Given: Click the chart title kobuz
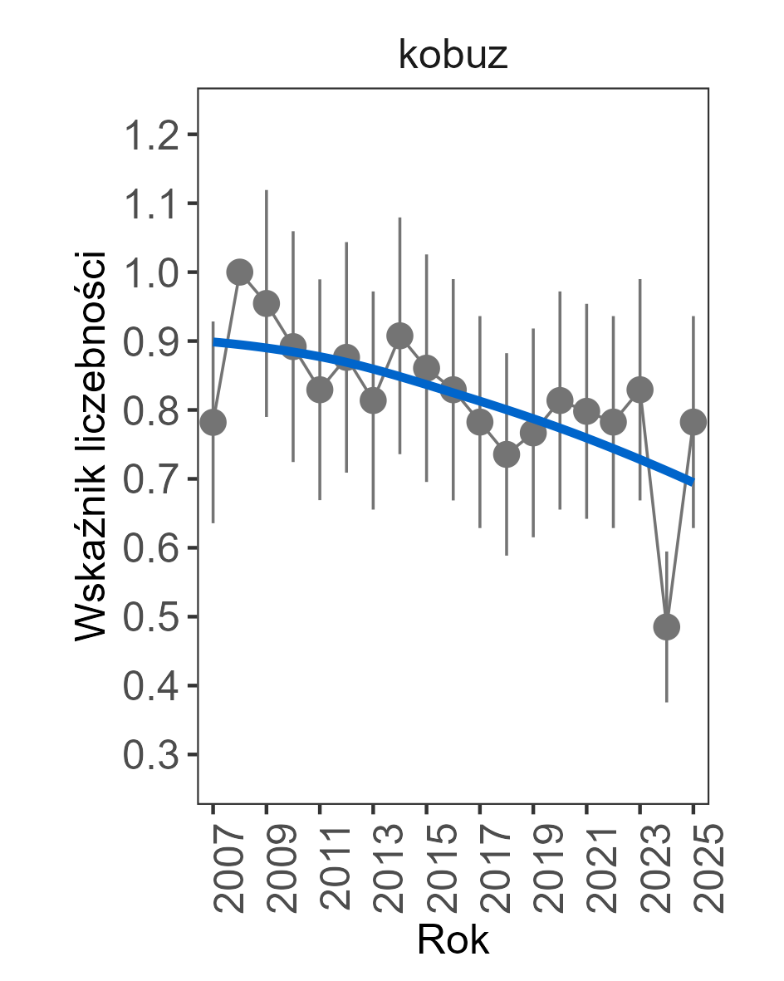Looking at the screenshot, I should click(x=453, y=56).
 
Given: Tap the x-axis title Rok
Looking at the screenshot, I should click(x=453, y=939).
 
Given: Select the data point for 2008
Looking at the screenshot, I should click(x=240, y=272).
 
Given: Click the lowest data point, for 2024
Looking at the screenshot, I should click(x=667, y=627).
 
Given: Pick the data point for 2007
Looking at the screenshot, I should click(x=213, y=423).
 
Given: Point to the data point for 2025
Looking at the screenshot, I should click(x=693, y=423).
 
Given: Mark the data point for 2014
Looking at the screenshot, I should click(x=399, y=336).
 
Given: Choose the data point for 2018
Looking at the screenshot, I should click(x=507, y=454).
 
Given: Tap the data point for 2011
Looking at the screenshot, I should click(x=320, y=390).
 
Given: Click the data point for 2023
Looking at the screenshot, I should click(x=640, y=390).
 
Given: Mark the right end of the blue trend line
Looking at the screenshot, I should click(x=693, y=482).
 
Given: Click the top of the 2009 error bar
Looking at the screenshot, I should click(x=267, y=190).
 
